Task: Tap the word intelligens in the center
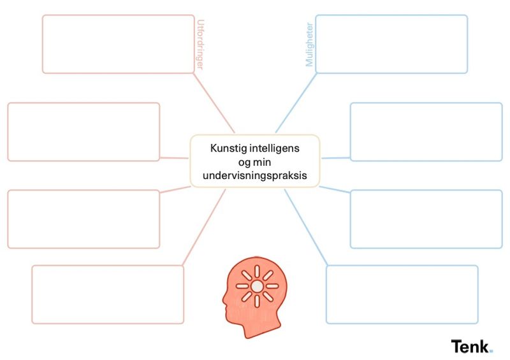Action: tap(276, 148)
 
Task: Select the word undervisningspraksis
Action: tap(254, 176)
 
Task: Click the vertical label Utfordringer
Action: tap(201, 43)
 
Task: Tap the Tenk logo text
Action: tap(470, 347)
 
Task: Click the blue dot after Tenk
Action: tap(491, 350)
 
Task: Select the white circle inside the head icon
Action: tap(256, 286)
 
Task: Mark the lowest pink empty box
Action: tap(108, 294)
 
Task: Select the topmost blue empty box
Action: tap(391, 44)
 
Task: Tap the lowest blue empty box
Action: tap(402, 294)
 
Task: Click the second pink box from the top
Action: tap(84, 132)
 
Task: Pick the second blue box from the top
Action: tap(426, 132)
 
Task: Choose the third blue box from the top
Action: tap(426, 219)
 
